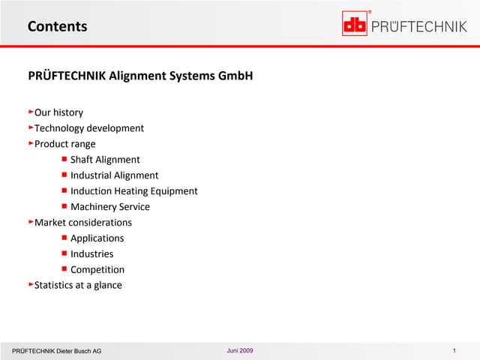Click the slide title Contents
pos(57,26)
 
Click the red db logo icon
pos(355,25)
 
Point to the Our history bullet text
pos(58,112)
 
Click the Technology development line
pos(88,128)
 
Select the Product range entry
pos(64,144)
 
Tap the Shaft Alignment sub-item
pos(105,160)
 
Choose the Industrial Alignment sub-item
pos(114,175)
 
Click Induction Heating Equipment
pos(133,191)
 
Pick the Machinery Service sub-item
pos(109,207)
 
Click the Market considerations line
pos(82,223)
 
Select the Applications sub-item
pos(97,238)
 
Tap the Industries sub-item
pos(91,254)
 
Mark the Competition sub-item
pos(97,270)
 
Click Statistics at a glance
pos(78,286)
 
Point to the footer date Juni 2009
pos(239,352)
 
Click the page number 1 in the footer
pos(455,352)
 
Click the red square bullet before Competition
pos(64,268)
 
